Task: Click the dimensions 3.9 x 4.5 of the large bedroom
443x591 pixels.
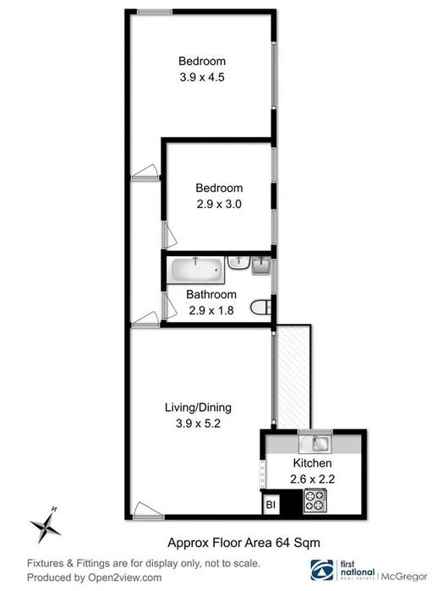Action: coord(202,77)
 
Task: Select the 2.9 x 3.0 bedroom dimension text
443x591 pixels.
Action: coord(219,203)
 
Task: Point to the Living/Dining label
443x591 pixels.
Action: coord(198,408)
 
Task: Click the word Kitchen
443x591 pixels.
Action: coord(312,464)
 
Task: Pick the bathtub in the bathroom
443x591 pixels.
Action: coord(196,271)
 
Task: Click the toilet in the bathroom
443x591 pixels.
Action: coord(260,307)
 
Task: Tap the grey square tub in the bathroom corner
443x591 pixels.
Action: coord(260,268)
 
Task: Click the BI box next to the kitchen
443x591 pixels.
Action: coord(271,504)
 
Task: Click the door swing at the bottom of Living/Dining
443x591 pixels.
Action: coord(145,509)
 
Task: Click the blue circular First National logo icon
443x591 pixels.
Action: coord(321,569)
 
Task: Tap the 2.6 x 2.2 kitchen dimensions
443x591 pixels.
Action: coord(312,479)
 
